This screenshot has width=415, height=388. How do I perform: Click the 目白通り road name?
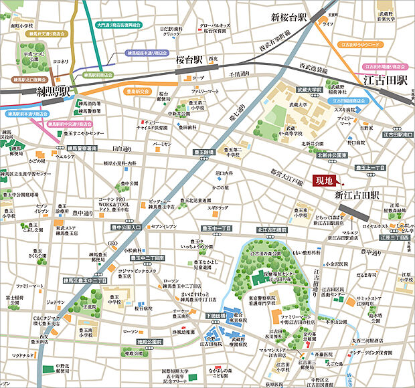pos(122,149)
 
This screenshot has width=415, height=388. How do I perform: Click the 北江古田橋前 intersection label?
pos(272,229)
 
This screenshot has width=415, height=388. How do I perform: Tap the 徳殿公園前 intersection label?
pos(150,341)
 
